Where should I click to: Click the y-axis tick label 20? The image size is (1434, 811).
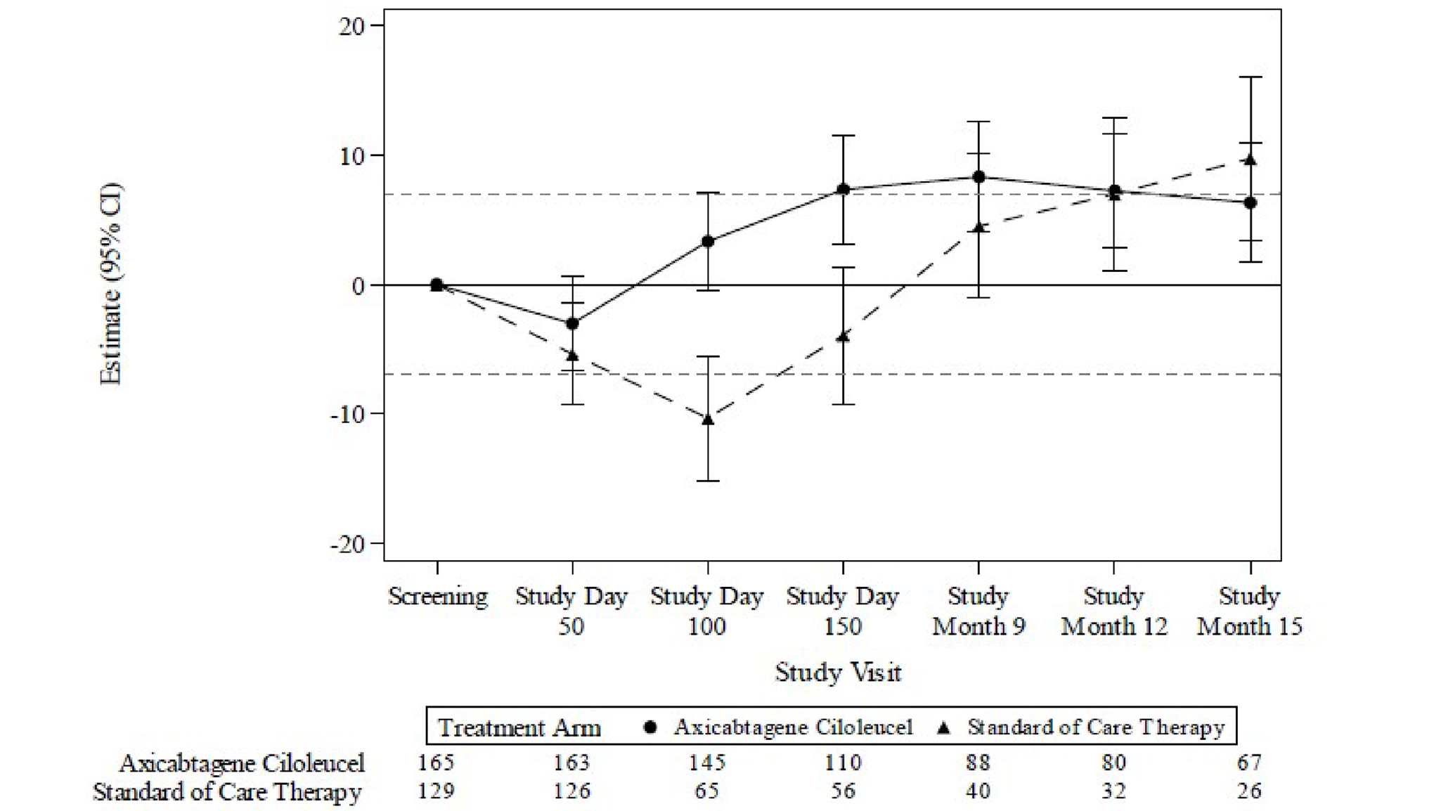click(x=352, y=27)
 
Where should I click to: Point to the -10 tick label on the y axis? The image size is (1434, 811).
click(x=348, y=414)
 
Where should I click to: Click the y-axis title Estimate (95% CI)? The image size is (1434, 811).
click(x=111, y=284)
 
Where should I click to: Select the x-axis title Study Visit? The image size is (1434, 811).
click(x=838, y=672)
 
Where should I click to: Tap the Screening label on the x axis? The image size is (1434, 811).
click(x=437, y=597)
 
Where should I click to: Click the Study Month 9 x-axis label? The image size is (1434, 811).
click(x=978, y=611)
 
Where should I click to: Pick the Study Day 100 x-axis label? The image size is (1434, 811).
click(x=707, y=611)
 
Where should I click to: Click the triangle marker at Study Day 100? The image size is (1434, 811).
click(x=708, y=420)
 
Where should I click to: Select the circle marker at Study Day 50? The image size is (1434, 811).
click(x=572, y=323)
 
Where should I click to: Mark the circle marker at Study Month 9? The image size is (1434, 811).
click(x=978, y=177)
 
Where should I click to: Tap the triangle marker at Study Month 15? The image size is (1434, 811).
click(x=1250, y=160)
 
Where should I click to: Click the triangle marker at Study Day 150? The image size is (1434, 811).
click(x=844, y=337)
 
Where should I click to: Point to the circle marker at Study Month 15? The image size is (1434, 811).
click(x=1250, y=203)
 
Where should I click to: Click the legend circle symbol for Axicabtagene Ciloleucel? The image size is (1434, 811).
click(x=650, y=727)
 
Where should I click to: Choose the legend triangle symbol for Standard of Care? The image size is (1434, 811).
click(x=944, y=727)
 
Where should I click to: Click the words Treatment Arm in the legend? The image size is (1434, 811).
click(x=519, y=727)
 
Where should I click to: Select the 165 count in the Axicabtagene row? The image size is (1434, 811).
click(x=436, y=763)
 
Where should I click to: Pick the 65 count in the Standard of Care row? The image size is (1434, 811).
click(x=707, y=791)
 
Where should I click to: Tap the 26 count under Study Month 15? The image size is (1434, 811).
click(x=1249, y=791)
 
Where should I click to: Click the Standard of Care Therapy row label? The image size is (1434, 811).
click(x=227, y=792)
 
